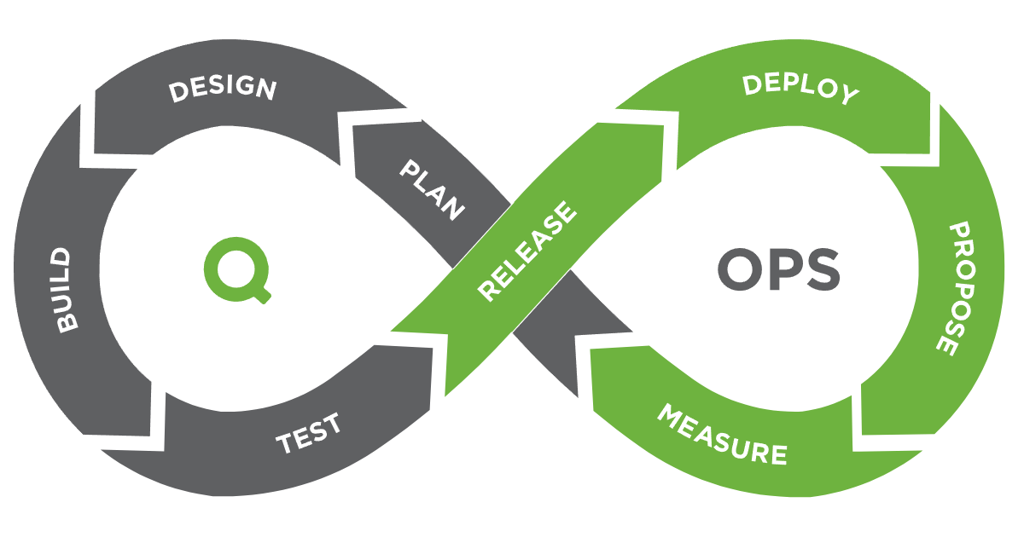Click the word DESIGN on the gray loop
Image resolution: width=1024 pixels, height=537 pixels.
(223, 89)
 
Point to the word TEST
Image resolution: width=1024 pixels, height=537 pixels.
(308, 433)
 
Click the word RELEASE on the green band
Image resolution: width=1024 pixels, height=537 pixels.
(527, 251)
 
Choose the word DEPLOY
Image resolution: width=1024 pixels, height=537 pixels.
(800, 89)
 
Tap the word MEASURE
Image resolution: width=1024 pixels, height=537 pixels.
(721, 435)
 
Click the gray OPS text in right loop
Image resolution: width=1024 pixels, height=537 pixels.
(778, 272)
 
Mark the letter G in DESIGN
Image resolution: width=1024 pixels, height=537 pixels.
(247, 87)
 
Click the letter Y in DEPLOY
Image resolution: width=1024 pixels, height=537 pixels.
(847, 95)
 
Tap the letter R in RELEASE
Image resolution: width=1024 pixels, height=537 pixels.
(488, 291)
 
